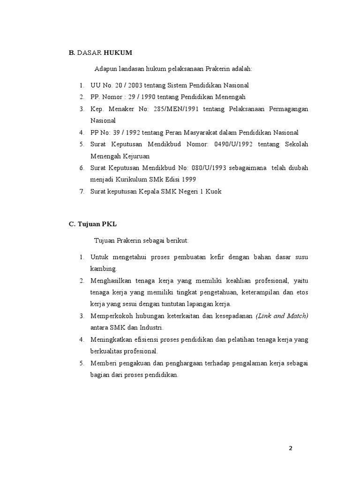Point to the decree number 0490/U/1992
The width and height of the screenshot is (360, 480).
coord(232,144)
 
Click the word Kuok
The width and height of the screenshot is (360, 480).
coord(212,191)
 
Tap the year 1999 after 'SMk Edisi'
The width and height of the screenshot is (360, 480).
coord(187,180)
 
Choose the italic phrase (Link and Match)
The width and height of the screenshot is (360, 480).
coord(282,316)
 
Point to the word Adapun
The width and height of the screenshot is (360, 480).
coord(105,68)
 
